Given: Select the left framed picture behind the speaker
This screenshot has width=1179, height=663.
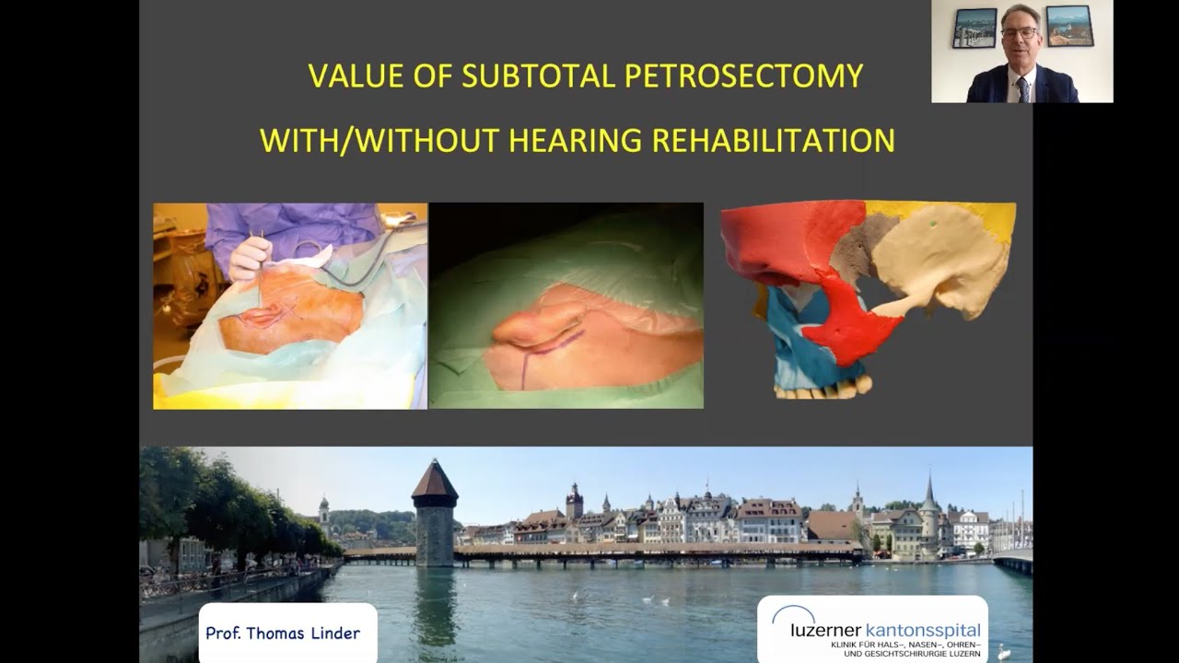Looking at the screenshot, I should pos(975,28).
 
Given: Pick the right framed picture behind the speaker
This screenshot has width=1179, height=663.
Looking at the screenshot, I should pos(1068,26).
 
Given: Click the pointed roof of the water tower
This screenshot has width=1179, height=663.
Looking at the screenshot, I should pos(434,481).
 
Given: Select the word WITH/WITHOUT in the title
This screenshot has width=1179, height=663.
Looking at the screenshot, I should pos(378,141).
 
